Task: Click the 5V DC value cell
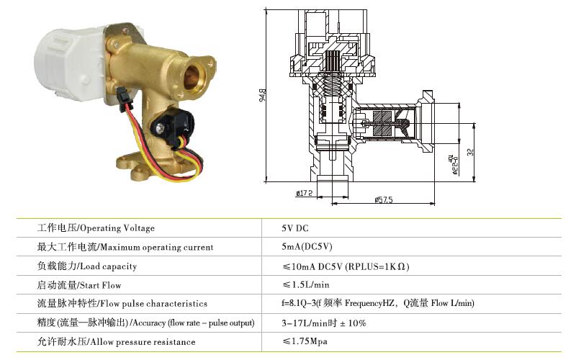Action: pos(295,228)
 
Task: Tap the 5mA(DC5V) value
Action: pos(307,246)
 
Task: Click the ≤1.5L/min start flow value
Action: pos(306,284)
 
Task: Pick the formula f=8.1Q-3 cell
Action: pos(378,303)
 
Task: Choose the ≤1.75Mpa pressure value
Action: pos(305,341)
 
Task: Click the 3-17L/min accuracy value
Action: pos(324,323)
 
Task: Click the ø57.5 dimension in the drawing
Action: pos(384,199)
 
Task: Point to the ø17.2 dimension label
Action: pos(304,193)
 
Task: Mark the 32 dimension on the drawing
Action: pos(471,152)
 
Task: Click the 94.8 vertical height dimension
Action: pos(263,96)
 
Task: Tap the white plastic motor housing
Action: pos(70,64)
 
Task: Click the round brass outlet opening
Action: pos(192,76)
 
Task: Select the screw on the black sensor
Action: pos(160,129)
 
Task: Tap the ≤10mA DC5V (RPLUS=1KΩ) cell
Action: pos(346,266)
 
